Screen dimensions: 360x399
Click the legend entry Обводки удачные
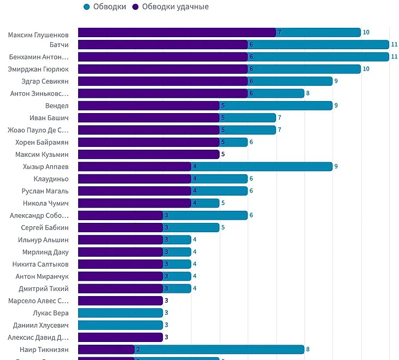[x=175, y=7]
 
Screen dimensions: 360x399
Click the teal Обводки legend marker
[x=86, y=7]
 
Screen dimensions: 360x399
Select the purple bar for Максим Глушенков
[x=177, y=33]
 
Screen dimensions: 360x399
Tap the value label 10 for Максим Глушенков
[x=366, y=33]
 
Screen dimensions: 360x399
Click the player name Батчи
[x=58, y=45]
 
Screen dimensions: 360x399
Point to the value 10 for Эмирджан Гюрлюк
[x=366, y=69]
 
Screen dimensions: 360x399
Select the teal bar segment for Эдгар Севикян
[x=290, y=81]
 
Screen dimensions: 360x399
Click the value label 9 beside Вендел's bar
[x=336, y=105]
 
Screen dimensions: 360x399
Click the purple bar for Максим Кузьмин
[x=148, y=154]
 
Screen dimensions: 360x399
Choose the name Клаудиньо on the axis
[x=51, y=179]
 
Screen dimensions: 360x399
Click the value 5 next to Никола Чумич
[x=223, y=203]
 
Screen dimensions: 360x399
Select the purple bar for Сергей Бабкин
[x=120, y=227]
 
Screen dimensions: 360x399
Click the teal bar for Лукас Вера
[x=120, y=312]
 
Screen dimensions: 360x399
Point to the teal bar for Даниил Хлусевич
[x=120, y=324]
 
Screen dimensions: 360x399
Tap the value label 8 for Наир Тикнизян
[x=308, y=349]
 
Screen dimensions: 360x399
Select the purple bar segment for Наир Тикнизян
[x=106, y=349]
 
